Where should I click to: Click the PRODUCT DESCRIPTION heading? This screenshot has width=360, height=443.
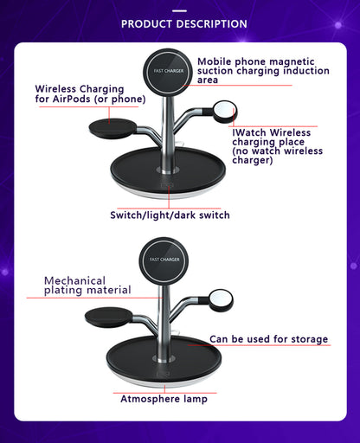point(183,23)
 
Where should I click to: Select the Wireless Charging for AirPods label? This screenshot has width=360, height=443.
point(80,93)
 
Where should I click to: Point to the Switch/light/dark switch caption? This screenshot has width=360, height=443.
point(170,215)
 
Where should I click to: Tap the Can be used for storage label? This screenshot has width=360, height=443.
point(268,339)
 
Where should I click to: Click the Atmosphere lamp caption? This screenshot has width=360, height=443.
point(163,399)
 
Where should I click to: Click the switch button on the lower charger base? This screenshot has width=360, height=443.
point(164,372)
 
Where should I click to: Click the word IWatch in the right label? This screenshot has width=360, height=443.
point(251,132)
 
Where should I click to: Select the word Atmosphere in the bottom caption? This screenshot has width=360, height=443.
point(147,399)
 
